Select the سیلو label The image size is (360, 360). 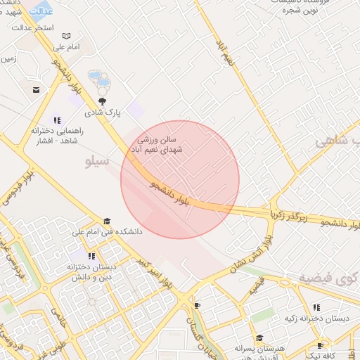coord(97,162)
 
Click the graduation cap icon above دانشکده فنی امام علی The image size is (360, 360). coord(107,221)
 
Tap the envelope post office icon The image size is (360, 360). coord(35,90)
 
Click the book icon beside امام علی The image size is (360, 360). coord(67,36)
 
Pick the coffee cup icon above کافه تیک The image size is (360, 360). coord(320,345)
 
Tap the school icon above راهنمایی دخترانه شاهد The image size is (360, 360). coord(56,120)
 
